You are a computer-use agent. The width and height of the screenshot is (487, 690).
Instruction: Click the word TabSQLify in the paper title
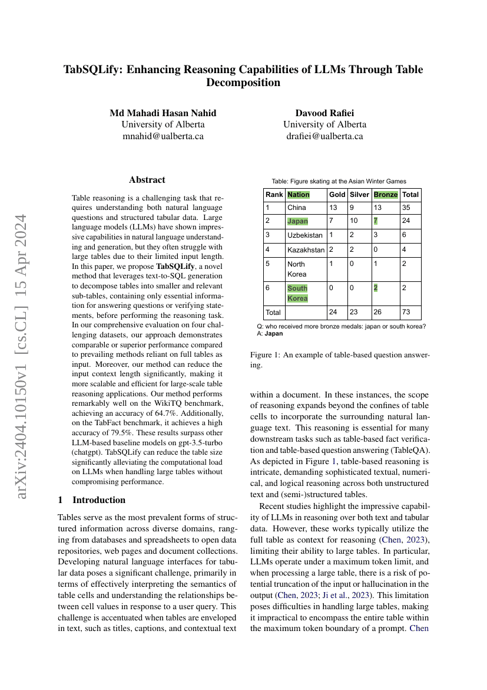[x=93, y=70]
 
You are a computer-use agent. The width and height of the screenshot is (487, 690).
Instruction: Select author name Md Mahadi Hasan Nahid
[x=163, y=113]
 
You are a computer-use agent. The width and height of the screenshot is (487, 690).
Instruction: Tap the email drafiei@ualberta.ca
[x=324, y=136]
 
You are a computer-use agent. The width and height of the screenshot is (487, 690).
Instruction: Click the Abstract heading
[x=147, y=180]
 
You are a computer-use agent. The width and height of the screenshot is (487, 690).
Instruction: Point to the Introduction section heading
[x=99, y=500]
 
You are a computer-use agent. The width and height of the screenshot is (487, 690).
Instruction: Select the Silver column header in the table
[x=359, y=195]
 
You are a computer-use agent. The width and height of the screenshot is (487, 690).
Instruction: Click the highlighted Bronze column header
[x=386, y=195]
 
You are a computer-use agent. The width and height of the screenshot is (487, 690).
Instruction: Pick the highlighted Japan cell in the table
[x=297, y=221]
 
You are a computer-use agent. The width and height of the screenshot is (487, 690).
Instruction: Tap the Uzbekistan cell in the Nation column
[x=305, y=235]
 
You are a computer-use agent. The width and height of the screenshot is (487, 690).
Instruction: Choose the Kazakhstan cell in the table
[x=306, y=249]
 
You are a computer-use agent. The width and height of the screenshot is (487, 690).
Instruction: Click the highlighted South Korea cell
[x=297, y=293]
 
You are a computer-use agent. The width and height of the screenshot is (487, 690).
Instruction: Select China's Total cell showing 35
[x=406, y=208]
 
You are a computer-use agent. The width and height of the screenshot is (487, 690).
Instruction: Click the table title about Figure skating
[x=339, y=181]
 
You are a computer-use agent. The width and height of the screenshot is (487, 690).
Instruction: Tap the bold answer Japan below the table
[x=274, y=333]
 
